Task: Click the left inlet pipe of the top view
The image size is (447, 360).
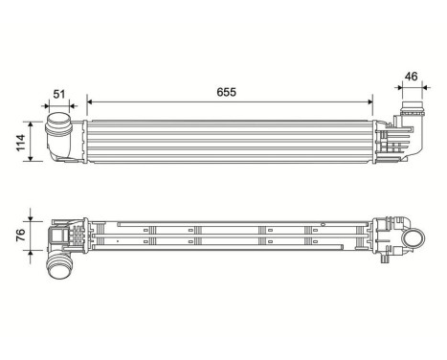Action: pos(60,136)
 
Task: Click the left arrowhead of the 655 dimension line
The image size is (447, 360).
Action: pos(89,100)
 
